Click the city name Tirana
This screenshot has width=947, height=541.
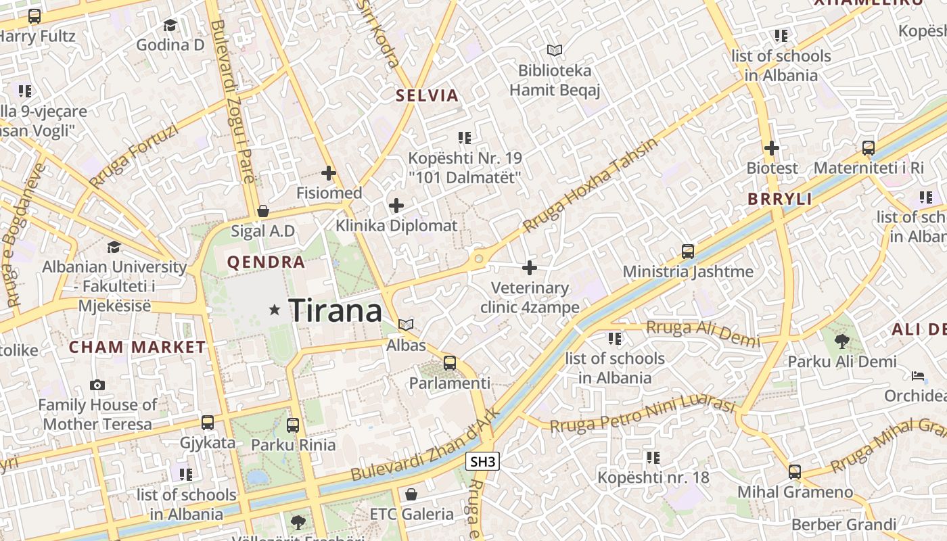coord(336,310)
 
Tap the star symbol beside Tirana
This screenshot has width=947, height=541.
coord(275,310)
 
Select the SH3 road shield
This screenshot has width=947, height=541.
coord(483,462)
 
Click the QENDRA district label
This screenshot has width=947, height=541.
coord(266,262)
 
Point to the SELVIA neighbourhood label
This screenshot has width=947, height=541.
coord(428,95)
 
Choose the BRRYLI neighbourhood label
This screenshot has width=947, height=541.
coord(779,199)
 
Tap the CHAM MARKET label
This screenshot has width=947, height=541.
coord(137,348)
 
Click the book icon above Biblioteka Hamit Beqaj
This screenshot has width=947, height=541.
coord(555,51)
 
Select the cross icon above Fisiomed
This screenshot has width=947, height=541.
coord(329,173)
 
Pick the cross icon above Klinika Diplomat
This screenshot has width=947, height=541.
coord(396,206)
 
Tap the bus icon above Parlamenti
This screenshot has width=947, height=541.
coord(450,363)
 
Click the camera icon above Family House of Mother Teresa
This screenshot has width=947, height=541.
coord(97,385)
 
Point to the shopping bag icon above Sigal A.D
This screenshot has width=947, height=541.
coord(263,211)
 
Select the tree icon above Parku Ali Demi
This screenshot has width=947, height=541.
coord(842,342)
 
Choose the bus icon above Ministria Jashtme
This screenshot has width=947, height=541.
coord(688,252)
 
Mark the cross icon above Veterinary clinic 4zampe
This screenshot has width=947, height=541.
coord(530,268)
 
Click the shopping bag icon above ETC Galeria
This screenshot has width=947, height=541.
coord(411,494)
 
